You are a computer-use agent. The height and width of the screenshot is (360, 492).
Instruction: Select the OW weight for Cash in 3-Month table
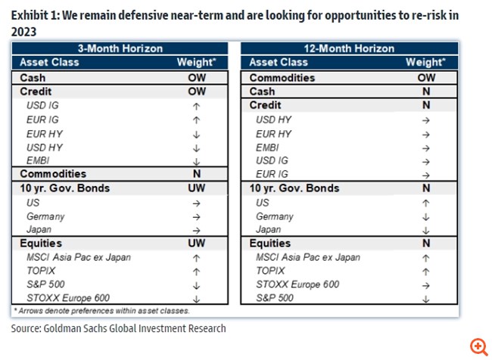click(197, 77)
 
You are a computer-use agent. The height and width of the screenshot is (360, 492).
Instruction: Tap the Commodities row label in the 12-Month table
click(282, 77)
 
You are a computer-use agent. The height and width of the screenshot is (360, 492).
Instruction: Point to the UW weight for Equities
click(197, 243)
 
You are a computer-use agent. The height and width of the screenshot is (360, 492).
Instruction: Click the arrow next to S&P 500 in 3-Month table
click(197, 284)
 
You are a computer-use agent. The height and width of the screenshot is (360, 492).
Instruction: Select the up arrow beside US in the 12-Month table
click(425, 202)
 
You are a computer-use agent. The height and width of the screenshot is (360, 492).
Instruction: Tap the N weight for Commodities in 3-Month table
click(197, 174)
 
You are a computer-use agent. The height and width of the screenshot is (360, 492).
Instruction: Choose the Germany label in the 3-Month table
click(45, 216)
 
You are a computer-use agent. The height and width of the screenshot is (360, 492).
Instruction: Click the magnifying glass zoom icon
click(478, 347)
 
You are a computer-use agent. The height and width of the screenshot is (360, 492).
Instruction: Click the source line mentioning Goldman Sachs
click(118, 328)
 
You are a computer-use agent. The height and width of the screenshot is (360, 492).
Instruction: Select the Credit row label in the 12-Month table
click(265, 105)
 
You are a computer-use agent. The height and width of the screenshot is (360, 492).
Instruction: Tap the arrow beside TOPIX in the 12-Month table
click(425, 271)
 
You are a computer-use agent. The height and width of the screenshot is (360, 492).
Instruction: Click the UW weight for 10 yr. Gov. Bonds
click(197, 188)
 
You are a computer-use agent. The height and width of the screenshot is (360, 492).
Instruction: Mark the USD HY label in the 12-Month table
click(273, 119)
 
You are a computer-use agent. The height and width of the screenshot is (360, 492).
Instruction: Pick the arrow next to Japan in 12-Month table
click(425, 229)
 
